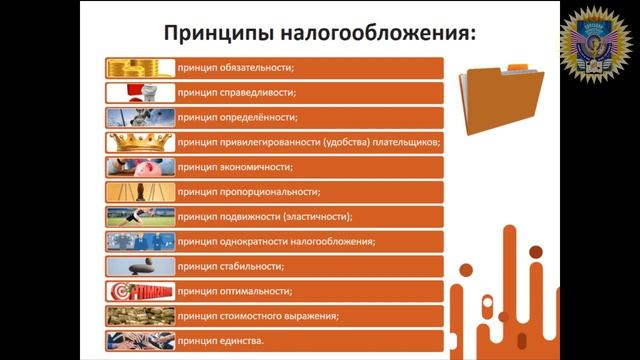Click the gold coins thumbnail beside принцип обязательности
pos(140,69)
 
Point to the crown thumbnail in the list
pos(140,143)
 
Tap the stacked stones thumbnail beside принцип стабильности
pos(140,267)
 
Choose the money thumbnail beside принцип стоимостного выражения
pos(140,316)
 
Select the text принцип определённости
pos(238,118)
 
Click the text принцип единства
pos(222,341)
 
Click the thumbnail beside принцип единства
pos(140,341)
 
